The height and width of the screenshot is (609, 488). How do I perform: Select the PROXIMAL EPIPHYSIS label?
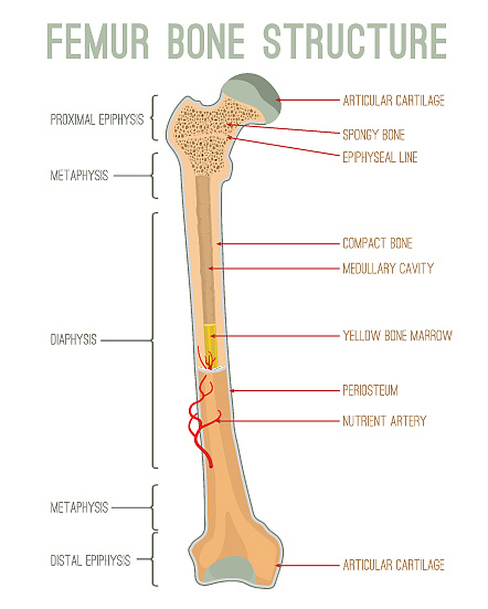click(x=96, y=119)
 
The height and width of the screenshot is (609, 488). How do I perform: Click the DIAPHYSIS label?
click(x=73, y=340)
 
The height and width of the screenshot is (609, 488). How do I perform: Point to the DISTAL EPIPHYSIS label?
click(x=90, y=560)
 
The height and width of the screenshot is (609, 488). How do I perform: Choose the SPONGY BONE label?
click(x=373, y=135)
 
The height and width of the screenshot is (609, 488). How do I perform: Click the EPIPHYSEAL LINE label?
click(x=380, y=157)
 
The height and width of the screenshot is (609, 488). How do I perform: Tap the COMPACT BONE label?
click(x=377, y=244)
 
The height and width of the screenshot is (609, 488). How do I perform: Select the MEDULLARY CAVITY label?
click(x=388, y=268)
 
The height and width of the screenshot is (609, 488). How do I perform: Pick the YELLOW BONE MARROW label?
click(x=397, y=336)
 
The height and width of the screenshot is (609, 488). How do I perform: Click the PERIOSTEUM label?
click(x=370, y=391)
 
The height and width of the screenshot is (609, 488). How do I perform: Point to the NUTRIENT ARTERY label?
click(x=384, y=421)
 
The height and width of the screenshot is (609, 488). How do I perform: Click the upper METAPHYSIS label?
click(x=79, y=176)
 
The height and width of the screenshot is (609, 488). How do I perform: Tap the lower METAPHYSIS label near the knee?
click(x=79, y=508)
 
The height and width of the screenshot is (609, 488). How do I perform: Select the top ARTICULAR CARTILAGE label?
click(x=393, y=100)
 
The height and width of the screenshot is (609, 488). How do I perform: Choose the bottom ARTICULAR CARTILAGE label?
click(x=393, y=565)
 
